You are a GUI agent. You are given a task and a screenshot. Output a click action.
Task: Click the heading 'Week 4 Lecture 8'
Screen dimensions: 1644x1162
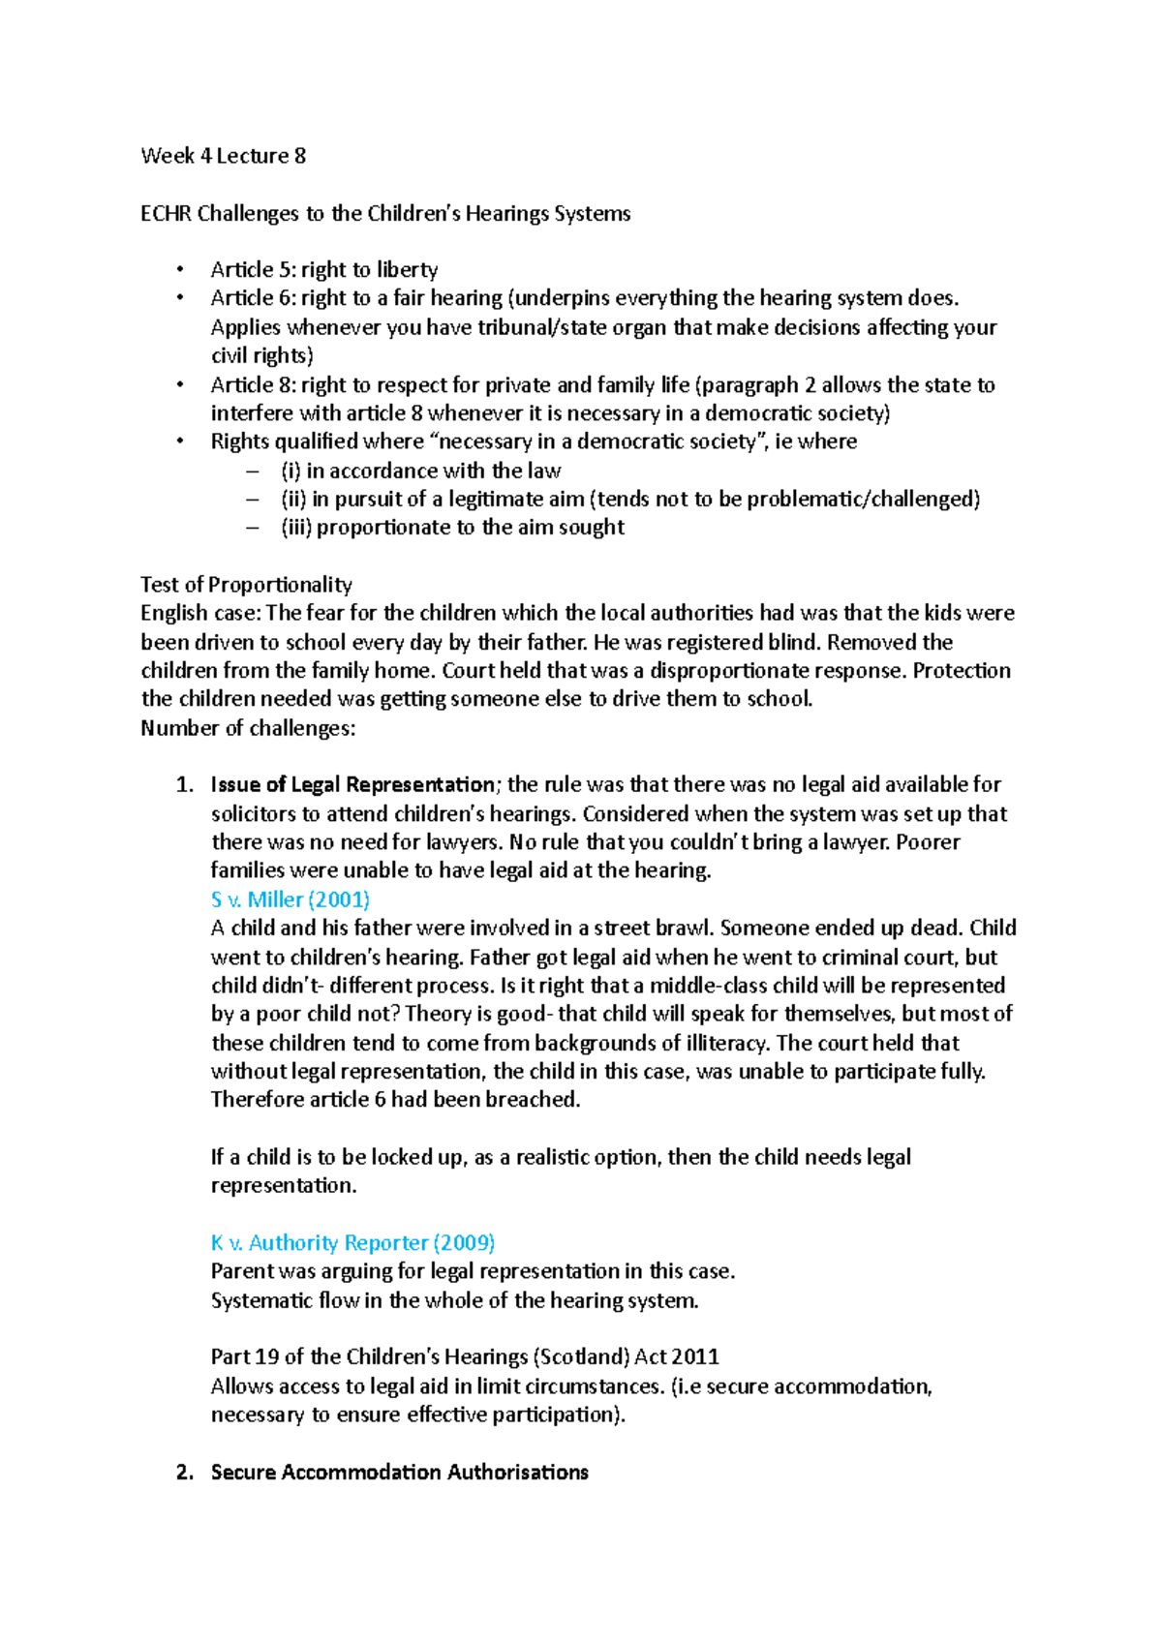(224, 156)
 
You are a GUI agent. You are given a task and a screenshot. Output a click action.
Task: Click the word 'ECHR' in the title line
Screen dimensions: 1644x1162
(166, 214)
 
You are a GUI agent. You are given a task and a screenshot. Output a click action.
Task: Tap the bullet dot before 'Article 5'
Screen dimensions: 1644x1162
(179, 270)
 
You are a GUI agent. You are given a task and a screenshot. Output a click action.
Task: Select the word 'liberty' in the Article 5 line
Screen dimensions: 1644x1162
(408, 270)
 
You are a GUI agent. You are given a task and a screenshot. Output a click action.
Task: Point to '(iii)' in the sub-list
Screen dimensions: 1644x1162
(296, 528)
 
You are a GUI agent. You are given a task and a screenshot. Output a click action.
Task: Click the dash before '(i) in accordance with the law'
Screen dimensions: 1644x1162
(254, 472)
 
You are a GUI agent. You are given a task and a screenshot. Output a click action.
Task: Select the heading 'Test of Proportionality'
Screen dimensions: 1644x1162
(246, 585)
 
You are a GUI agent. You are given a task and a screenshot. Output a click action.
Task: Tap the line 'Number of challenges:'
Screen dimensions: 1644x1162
(248, 728)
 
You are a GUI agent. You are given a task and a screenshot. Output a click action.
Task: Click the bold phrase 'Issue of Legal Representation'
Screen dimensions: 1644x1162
(352, 785)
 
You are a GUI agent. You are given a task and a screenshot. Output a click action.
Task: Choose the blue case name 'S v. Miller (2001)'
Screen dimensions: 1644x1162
(290, 899)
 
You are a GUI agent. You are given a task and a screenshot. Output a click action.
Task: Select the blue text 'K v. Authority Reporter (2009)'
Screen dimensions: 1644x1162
(352, 1243)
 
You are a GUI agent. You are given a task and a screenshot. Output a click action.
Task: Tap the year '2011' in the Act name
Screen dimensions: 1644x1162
(695, 1357)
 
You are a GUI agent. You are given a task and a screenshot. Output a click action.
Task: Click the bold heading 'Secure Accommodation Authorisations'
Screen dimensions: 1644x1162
(399, 1473)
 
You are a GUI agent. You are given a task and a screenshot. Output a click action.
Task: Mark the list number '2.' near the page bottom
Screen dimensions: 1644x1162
(185, 1473)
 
